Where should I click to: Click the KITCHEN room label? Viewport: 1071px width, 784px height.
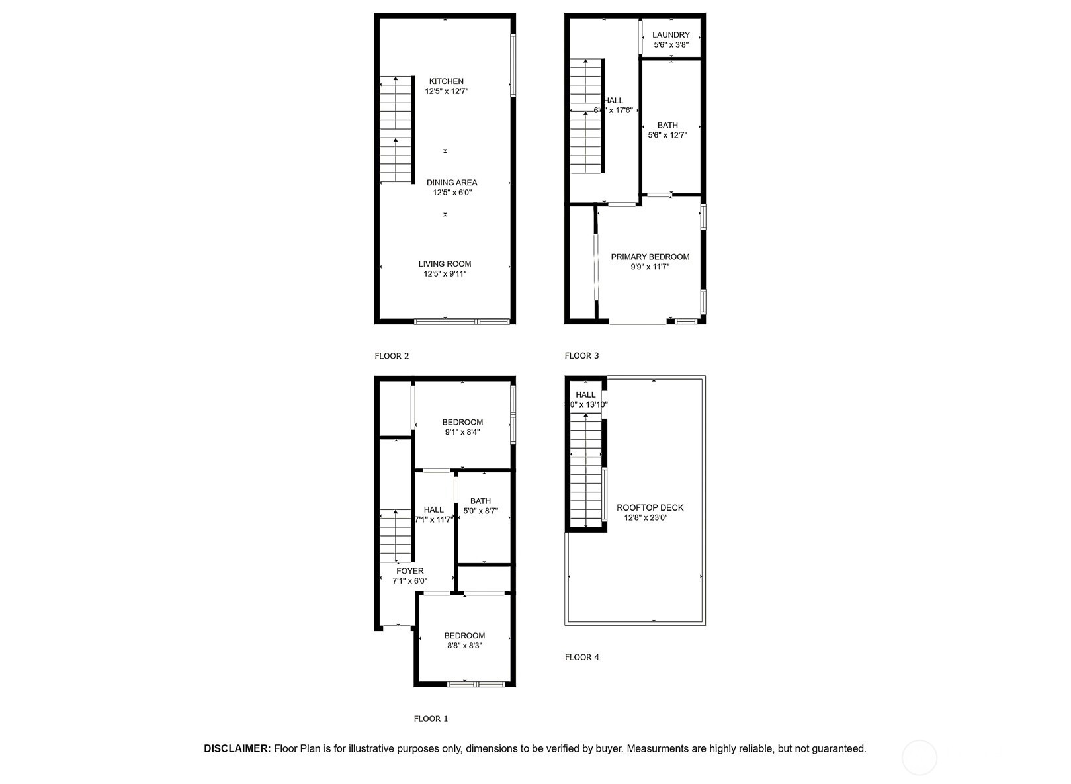pyautogui.click(x=447, y=81)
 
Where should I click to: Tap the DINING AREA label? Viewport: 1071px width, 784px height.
pyautogui.click(x=452, y=183)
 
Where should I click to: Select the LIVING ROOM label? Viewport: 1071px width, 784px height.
pyautogui.click(x=445, y=264)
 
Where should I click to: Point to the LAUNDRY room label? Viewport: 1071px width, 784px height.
pyautogui.click(x=671, y=35)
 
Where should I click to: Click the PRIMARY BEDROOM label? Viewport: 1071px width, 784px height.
pyautogui.click(x=650, y=257)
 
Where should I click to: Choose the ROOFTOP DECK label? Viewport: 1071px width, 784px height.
pyautogui.click(x=650, y=508)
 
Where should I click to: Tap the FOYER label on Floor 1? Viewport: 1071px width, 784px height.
pyautogui.click(x=410, y=571)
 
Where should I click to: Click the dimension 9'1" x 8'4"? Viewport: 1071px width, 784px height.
pyautogui.click(x=462, y=432)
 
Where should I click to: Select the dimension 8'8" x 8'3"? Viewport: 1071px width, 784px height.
pyautogui.click(x=464, y=646)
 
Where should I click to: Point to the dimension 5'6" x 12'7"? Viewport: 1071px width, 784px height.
pyautogui.click(x=667, y=135)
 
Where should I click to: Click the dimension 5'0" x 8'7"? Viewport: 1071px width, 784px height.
pyautogui.click(x=480, y=511)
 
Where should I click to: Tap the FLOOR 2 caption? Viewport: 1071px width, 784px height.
pyautogui.click(x=392, y=356)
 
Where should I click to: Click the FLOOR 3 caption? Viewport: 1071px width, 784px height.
pyautogui.click(x=581, y=356)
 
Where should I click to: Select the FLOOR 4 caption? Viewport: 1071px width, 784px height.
pyautogui.click(x=581, y=657)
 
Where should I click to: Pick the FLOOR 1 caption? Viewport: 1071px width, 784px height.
pyautogui.click(x=431, y=719)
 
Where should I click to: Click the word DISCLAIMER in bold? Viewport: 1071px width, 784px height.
pyautogui.click(x=237, y=749)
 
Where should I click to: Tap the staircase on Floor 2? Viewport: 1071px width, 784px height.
pyautogui.click(x=396, y=130)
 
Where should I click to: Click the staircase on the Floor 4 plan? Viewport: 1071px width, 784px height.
pyautogui.click(x=586, y=470)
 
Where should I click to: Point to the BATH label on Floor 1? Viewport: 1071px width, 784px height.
pyautogui.click(x=480, y=501)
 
